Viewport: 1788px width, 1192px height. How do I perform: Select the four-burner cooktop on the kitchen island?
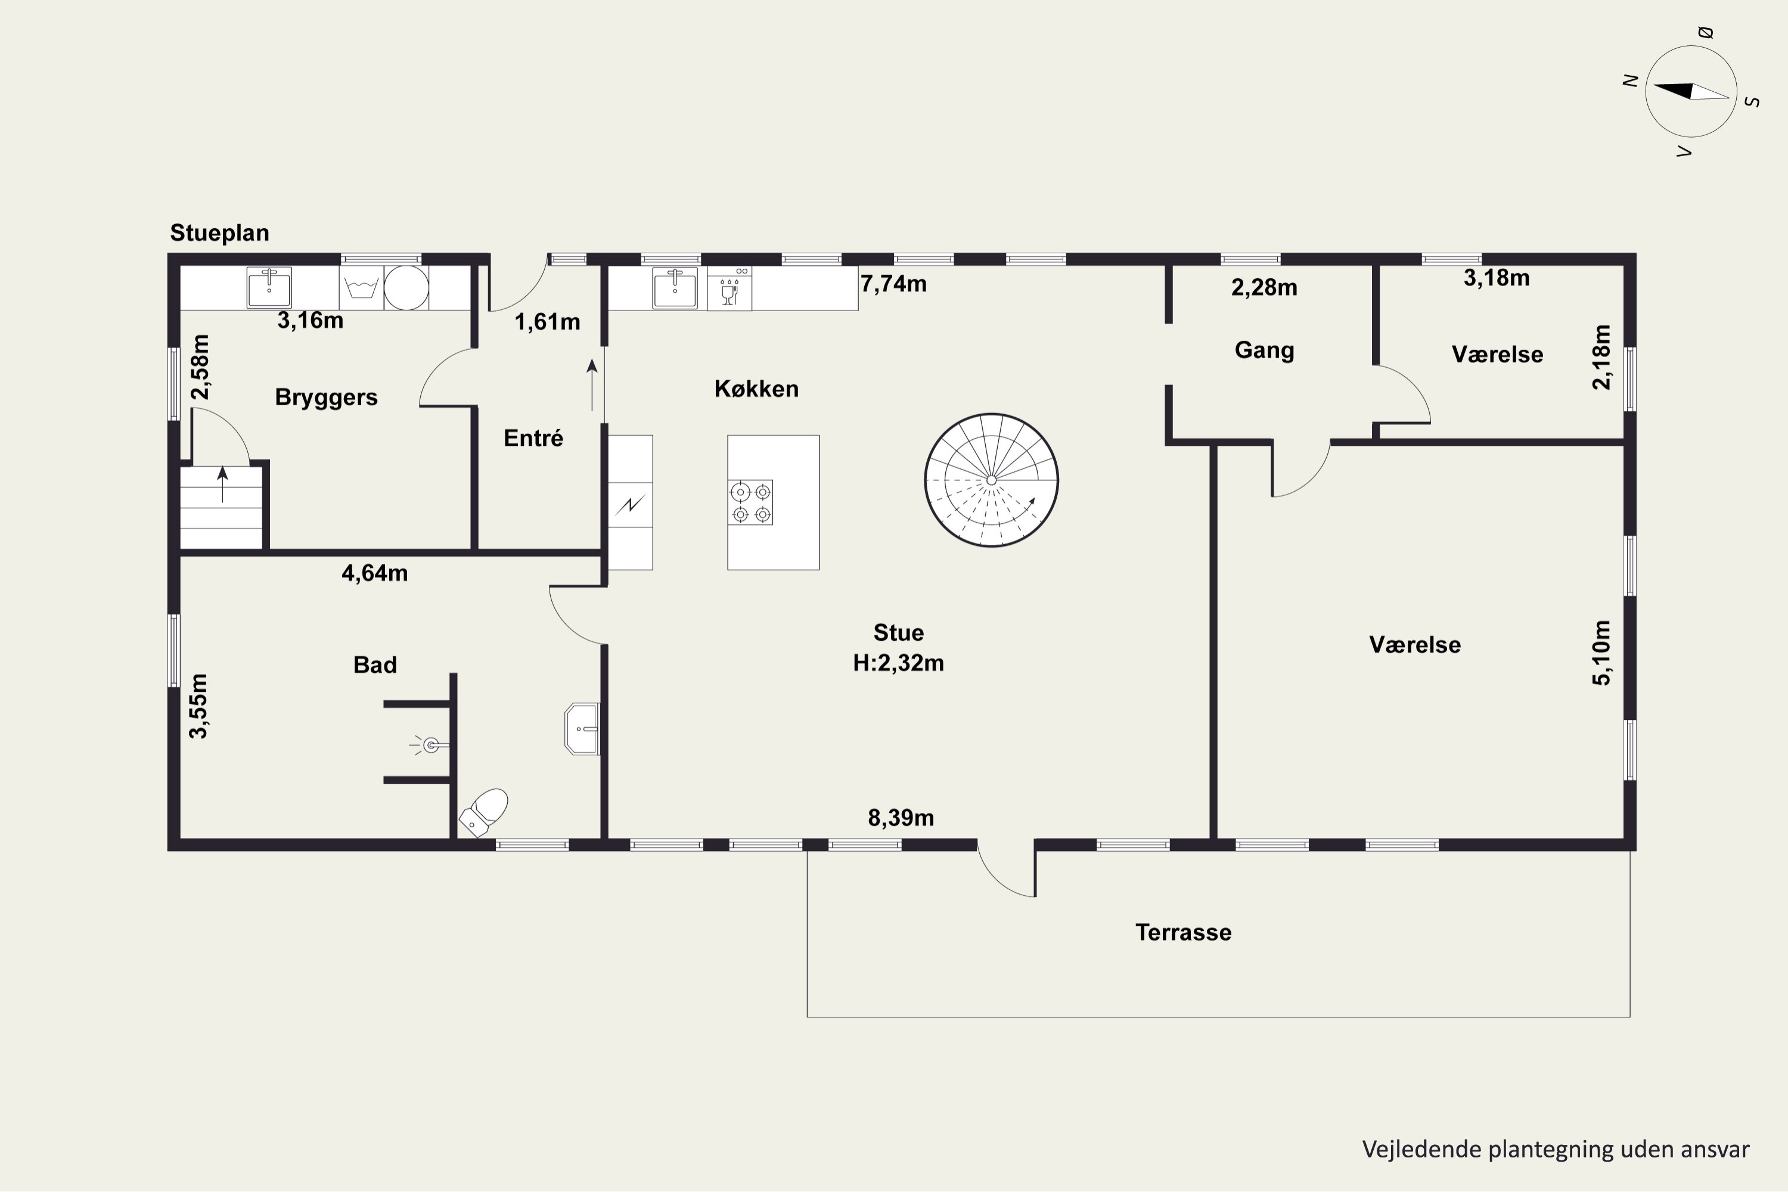pos(750,502)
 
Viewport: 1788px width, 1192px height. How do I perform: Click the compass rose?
pos(1691,91)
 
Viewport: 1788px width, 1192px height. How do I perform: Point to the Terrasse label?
pos(1183,932)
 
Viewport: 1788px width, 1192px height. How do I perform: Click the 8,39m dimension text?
pos(901,817)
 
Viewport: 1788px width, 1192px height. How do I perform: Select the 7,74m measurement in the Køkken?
pos(893,284)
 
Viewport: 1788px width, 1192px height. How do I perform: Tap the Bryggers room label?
pos(326,397)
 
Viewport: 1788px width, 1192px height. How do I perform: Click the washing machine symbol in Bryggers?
pos(361,287)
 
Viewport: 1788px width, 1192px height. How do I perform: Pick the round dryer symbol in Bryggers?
pos(406,287)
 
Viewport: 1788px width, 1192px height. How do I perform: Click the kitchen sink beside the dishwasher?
pos(674,287)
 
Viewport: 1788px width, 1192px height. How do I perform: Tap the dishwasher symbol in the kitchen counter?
pos(729,287)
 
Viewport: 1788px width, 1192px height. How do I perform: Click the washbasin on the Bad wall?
pos(582,728)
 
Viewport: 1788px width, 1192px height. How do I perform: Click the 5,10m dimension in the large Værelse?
pos(1601,652)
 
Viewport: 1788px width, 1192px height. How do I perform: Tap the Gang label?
pos(1264,350)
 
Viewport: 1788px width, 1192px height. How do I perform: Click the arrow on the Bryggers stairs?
pos(223,484)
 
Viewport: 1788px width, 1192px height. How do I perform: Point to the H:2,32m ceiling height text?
pos(899,663)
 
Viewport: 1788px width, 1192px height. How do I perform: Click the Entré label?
pos(533,438)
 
